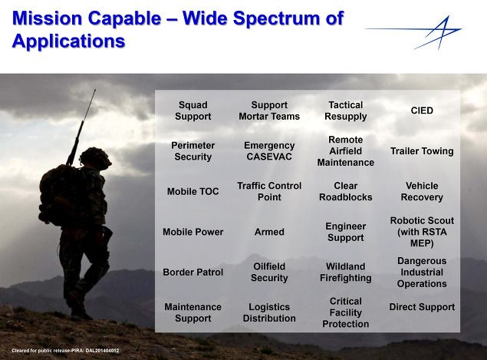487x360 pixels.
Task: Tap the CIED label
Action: click(x=422, y=111)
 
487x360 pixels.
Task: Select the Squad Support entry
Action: click(x=192, y=111)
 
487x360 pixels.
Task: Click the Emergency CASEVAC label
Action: click(x=269, y=151)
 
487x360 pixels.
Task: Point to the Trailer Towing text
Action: click(x=422, y=151)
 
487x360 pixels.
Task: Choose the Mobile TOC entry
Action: click(x=192, y=191)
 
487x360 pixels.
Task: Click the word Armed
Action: click(x=269, y=232)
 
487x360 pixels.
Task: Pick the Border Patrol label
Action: click(x=192, y=272)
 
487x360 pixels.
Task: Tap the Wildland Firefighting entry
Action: click(x=346, y=272)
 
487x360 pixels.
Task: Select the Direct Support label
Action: click(x=422, y=307)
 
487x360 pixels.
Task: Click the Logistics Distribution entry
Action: click(x=269, y=312)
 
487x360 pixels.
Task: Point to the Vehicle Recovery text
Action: click(x=422, y=191)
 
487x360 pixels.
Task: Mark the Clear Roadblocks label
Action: click(x=346, y=191)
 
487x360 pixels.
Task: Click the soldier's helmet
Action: click(x=95, y=158)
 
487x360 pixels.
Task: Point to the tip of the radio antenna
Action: click(x=95, y=90)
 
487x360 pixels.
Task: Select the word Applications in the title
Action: click(x=68, y=41)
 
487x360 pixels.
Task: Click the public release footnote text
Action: click(x=65, y=351)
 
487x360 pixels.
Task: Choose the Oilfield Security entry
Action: click(x=269, y=272)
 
